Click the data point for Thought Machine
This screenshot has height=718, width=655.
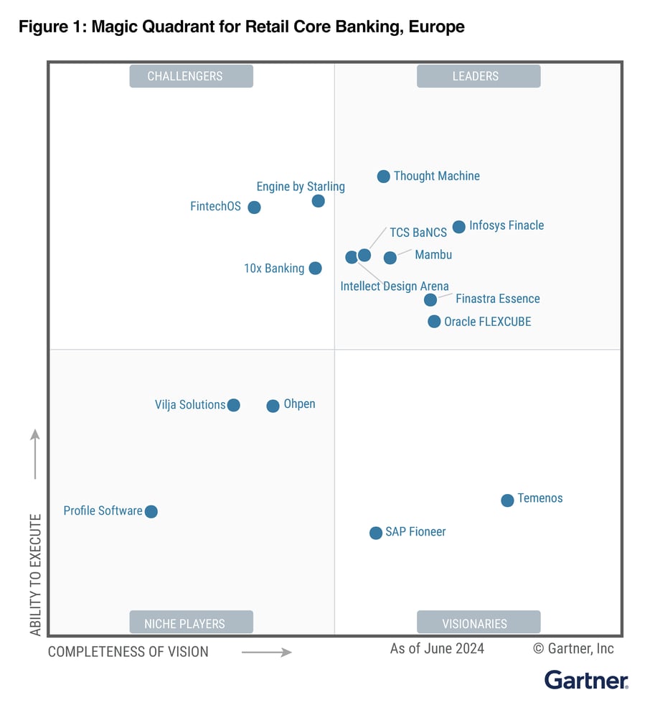[384, 177]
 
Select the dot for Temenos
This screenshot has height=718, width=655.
[507, 500]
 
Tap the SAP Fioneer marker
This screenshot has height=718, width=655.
[376, 533]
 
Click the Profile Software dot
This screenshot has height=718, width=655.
[151, 512]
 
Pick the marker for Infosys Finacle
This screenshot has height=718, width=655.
[459, 227]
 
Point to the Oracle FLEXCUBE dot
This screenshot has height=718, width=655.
[434, 322]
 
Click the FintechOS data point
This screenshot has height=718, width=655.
[254, 208]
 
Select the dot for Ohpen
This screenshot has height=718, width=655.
[273, 406]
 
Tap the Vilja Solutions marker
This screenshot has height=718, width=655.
[233, 406]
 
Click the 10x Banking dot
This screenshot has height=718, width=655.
[315, 269]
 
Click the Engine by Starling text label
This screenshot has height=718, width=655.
[301, 187]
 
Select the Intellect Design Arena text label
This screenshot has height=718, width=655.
[395, 286]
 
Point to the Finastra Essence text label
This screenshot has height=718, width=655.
[498, 299]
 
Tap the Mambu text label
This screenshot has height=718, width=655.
[433, 255]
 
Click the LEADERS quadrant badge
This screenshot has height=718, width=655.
[479, 76]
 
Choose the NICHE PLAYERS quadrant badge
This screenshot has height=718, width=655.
[191, 623]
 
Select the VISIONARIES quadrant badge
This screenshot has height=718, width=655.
[479, 623]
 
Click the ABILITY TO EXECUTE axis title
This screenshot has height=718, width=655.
[35, 574]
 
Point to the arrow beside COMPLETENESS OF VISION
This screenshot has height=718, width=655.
[266, 652]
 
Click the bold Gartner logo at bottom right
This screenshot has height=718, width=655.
[586, 679]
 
